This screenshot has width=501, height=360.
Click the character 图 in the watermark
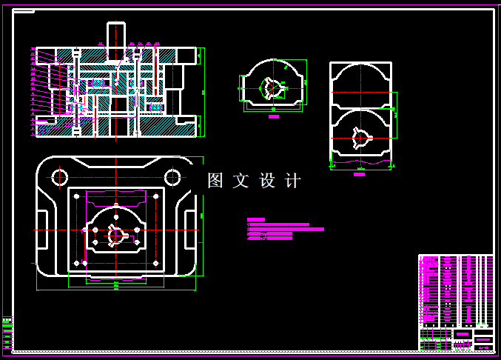[x=215, y=181]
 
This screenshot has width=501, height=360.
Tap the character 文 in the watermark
[x=241, y=181]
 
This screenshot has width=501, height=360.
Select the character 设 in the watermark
[x=267, y=181]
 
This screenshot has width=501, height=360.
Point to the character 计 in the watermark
[x=293, y=181]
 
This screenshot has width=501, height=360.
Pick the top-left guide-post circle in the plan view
[x=60, y=177]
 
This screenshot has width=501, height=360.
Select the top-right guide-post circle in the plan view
[x=172, y=177]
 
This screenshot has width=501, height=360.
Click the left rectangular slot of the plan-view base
[x=42, y=230]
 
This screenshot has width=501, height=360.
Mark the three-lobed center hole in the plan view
[x=116, y=235]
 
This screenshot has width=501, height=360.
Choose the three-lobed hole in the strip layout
[x=360, y=138]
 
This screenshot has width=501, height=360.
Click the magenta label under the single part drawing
[x=274, y=116]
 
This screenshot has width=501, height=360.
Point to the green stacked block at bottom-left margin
[x=7, y=333]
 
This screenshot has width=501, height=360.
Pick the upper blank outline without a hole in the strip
[x=360, y=79]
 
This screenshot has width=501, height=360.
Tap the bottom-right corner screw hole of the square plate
[x=155, y=263]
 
